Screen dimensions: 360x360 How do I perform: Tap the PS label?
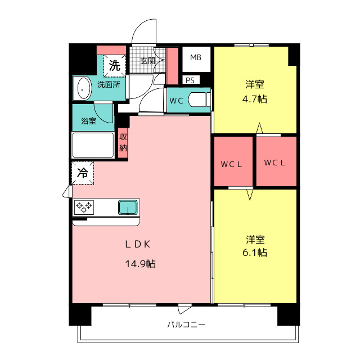[190, 80]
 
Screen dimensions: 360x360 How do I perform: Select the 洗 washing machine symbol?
[115, 65]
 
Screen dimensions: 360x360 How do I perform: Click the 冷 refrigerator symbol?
[82, 173]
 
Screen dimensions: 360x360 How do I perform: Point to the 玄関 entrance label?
[147, 61]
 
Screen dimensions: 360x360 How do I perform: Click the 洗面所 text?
[108, 85]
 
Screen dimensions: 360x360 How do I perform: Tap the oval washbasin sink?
[83, 88]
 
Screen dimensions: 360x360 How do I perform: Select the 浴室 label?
[88, 120]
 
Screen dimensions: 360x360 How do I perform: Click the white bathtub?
[93, 145]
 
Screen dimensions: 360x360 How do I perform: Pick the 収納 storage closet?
[123, 143]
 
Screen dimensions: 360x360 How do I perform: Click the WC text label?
[176, 101]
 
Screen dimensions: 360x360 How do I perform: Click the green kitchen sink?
[128, 207]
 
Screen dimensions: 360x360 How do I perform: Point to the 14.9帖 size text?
[141, 263]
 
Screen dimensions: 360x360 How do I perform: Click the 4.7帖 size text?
[255, 99]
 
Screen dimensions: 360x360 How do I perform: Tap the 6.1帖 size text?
[255, 253]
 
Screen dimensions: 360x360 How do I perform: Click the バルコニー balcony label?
[186, 325]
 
